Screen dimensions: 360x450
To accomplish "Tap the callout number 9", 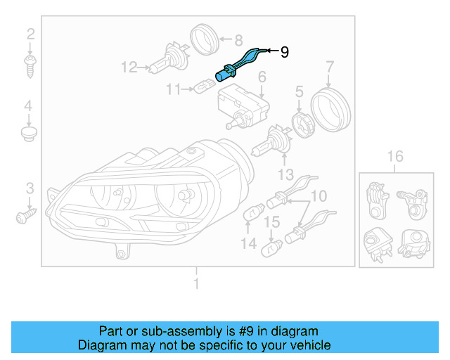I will (x=284, y=51).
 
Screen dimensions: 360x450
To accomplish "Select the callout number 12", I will (x=129, y=67).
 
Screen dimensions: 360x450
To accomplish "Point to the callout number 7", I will (x=329, y=67).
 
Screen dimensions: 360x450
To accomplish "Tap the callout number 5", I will (x=299, y=91).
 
